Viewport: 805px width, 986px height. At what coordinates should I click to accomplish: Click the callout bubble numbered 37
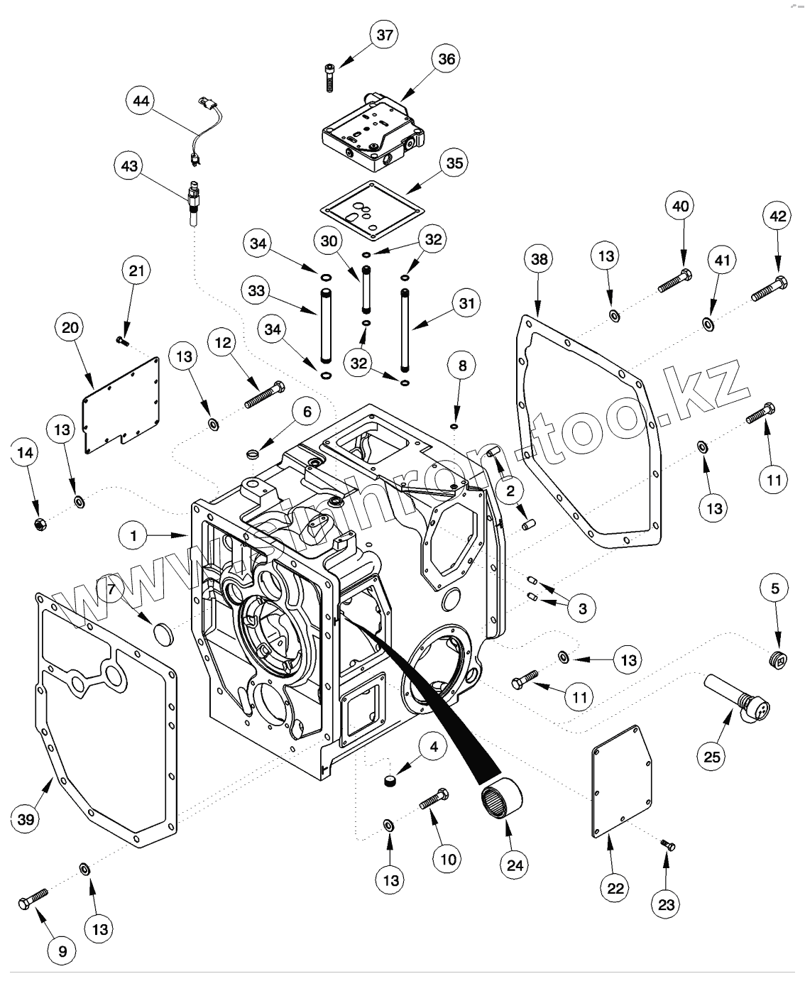click(x=385, y=36)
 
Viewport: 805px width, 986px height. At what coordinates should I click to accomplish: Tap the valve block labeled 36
click(x=368, y=132)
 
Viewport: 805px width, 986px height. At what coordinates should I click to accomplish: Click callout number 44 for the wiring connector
click(x=141, y=101)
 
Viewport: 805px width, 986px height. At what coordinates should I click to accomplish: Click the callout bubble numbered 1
click(x=133, y=535)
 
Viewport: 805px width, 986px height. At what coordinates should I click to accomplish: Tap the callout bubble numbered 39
click(x=26, y=820)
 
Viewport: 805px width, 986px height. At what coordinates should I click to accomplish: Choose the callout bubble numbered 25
click(x=712, y=757)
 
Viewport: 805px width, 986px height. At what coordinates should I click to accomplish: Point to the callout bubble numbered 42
click(x=778, y=216)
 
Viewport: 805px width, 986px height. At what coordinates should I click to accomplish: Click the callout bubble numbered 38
click(x=540, y=260)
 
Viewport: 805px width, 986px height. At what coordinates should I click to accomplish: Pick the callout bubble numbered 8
click(x=462, y=366)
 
